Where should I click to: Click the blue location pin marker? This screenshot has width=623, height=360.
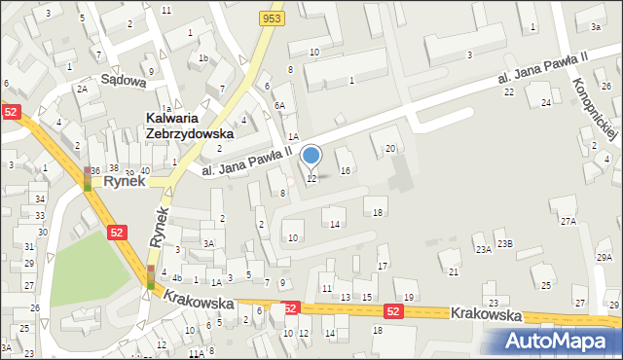[311, 156]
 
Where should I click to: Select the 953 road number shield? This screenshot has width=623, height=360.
[272, 18]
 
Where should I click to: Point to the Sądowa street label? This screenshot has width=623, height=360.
[125, 82]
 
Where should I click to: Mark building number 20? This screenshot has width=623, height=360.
[390, 148]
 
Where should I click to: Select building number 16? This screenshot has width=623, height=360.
[345, 170]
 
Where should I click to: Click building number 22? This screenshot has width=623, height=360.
[508, 91]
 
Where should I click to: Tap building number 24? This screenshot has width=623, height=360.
[546, 102]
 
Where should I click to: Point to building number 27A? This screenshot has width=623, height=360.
[568, 221]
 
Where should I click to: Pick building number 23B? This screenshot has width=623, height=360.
[504, 243]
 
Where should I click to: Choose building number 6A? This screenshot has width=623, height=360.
[279, 105]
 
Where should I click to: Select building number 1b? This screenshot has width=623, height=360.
[203, 58]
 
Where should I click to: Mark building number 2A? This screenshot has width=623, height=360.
[83, 89]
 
